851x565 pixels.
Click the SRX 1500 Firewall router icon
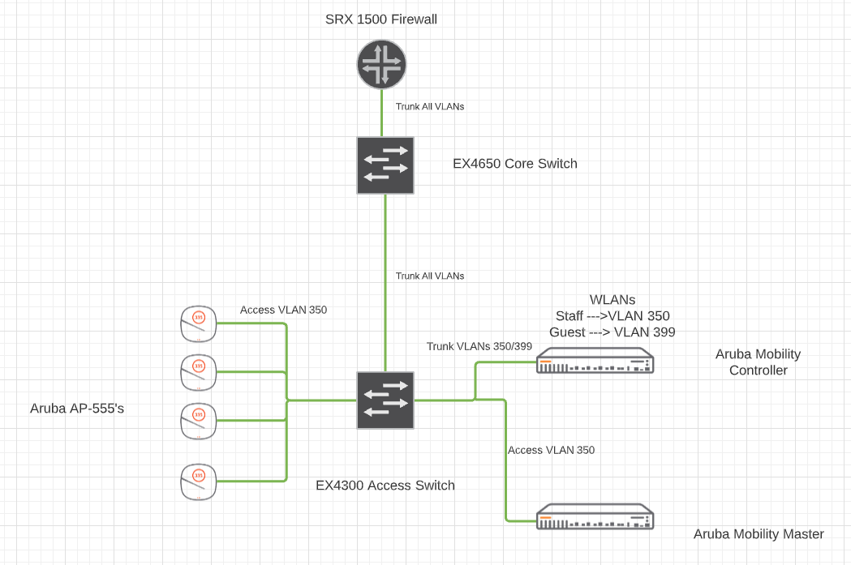tap(381, 66)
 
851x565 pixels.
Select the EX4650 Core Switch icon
tap(385, 165)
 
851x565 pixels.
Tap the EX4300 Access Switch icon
tap(385, 400)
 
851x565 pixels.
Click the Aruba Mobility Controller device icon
tap(595, 362)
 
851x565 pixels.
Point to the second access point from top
tap(199, 372)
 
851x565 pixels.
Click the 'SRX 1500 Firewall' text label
tap(380, 19)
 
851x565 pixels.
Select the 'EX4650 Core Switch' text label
tap(515, 164)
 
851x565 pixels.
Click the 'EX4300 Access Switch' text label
tap(385, 486)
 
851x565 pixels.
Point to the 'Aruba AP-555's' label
tap(77, 409)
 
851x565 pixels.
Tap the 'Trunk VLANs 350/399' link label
tap(479, 346)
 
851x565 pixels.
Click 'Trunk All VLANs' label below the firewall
tap(430, 106)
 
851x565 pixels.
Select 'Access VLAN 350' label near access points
tap(284, 310)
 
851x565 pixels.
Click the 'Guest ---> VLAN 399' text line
tap(612, 332)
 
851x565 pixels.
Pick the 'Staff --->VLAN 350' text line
tap(612, 315)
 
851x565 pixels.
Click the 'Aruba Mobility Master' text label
tap(759, 534)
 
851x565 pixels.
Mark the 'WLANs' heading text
tap(612, 299)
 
